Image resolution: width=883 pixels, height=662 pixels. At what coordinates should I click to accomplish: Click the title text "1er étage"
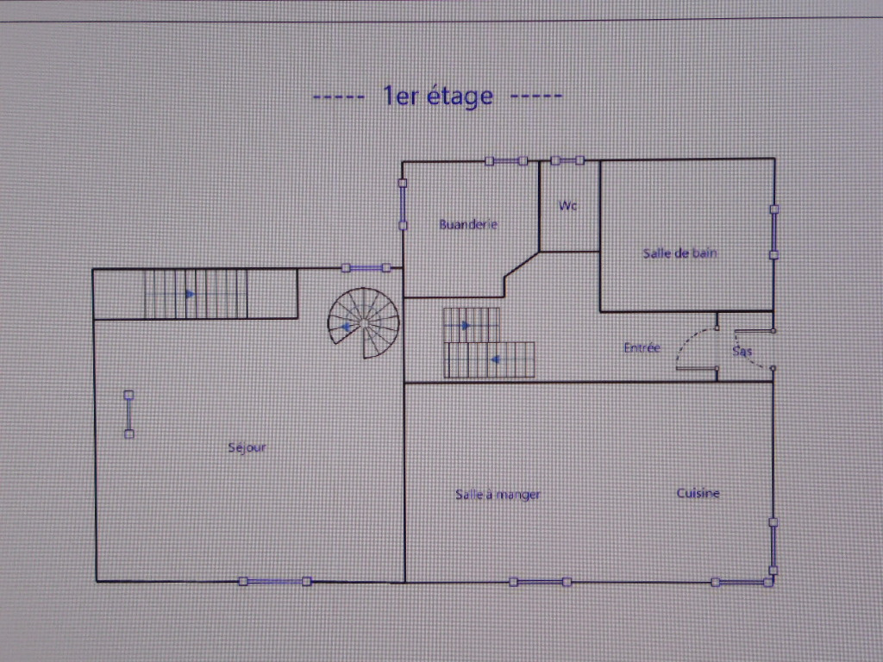click(438, 96)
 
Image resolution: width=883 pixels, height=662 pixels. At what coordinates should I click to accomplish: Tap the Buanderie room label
click(468, 225)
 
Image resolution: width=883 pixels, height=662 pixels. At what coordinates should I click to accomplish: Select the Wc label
click(567, 205)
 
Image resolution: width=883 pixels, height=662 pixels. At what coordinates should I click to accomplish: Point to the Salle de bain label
click(679, 253)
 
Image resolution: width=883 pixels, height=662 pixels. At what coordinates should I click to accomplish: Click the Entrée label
click(642, 348)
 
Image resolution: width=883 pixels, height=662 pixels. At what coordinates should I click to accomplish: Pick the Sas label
click(742, 352)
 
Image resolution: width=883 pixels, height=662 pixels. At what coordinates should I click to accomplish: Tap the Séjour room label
click(247, 447)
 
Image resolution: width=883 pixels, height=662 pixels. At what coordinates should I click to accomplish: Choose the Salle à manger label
click(498, 495)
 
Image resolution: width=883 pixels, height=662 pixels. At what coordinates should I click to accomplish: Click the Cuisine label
click(698, 493)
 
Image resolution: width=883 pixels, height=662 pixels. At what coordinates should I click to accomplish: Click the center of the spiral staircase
click(364, 322)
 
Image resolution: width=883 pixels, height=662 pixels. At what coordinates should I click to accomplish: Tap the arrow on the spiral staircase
click(346, 327)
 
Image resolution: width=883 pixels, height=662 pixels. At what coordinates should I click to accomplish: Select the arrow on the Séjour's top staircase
click(191, 294)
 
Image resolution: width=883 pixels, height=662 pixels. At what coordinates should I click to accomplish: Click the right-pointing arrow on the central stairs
click(466, 325)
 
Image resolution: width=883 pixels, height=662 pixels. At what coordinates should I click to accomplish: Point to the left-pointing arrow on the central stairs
click(496, 359)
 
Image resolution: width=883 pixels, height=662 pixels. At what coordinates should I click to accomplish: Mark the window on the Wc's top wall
click(567, 160)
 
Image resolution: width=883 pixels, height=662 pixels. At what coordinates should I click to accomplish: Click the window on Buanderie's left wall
click(403, 204)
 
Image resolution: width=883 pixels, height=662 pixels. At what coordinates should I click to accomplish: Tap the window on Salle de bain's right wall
click(774, 232)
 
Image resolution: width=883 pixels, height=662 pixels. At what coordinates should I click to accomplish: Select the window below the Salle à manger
click(540, 582)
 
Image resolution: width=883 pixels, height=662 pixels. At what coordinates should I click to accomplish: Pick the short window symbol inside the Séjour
click(129, 415)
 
